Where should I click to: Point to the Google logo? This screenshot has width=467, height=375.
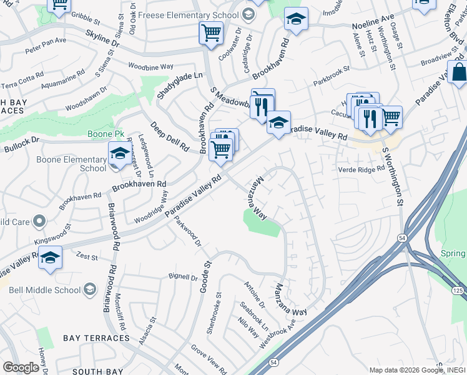21,367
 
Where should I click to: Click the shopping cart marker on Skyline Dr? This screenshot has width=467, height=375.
211,32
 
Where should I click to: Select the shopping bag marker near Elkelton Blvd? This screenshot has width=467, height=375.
458,72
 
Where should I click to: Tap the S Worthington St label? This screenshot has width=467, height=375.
393,177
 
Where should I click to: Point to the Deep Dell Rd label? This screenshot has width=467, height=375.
169,137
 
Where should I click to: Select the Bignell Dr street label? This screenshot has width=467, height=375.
182,276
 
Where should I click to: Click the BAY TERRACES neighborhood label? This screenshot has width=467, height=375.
96,338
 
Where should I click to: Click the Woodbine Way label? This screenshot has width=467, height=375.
150,66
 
